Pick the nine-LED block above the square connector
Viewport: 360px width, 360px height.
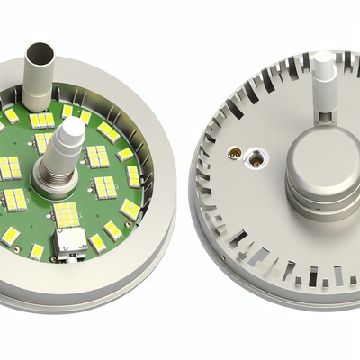(x=66, y=214)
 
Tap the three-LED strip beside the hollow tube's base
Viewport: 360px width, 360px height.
(x=41, y=120)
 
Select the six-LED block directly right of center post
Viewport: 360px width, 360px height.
(x=97, y=157)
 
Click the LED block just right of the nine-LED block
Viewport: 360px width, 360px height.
(x=104, y=188)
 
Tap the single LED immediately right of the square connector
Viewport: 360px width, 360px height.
(x=96, y=242)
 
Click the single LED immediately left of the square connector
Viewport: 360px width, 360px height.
(x=37, y=251)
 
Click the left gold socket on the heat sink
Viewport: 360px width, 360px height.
(x=235, y=154)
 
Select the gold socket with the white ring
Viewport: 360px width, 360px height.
(x=256, y=160)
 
